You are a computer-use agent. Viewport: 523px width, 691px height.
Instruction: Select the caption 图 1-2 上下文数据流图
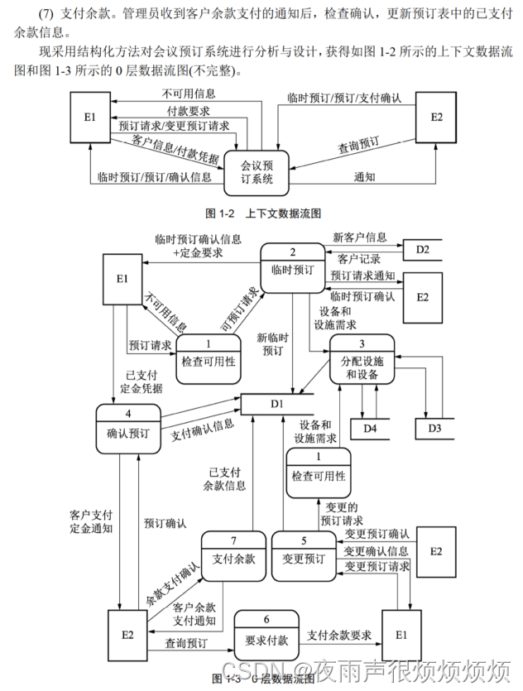(x=261, y=212)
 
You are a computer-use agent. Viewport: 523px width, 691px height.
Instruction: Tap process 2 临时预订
(x=292, y=262)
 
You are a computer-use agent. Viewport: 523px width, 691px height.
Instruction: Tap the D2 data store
(x=422, y=248)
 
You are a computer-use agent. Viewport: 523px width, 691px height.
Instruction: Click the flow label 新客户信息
(x=359, y=237)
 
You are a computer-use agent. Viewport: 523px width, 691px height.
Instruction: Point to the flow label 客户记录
(x=359, y=258)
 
